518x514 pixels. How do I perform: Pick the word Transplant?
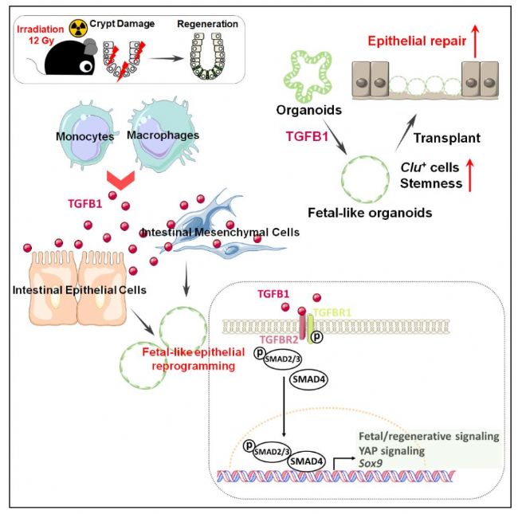tap(446, 138)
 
